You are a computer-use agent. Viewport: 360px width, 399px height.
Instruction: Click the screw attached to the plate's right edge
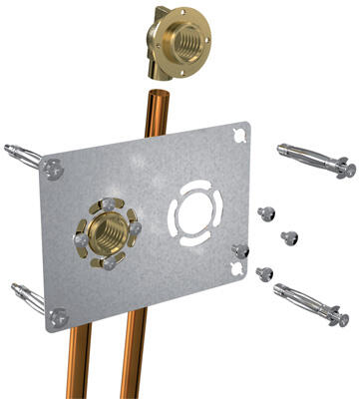point(238,249)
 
